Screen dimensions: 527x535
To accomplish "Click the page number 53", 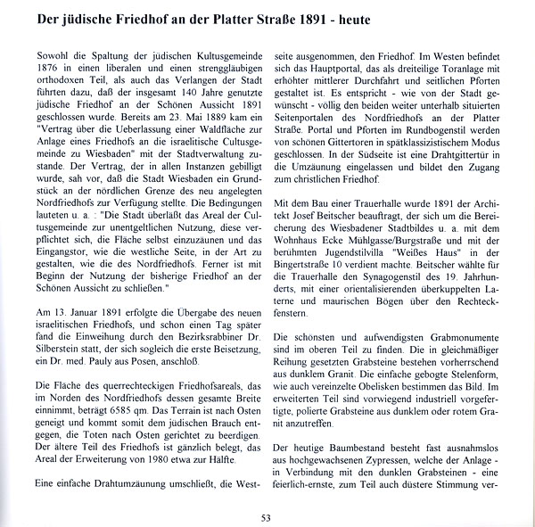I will [267, 516].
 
